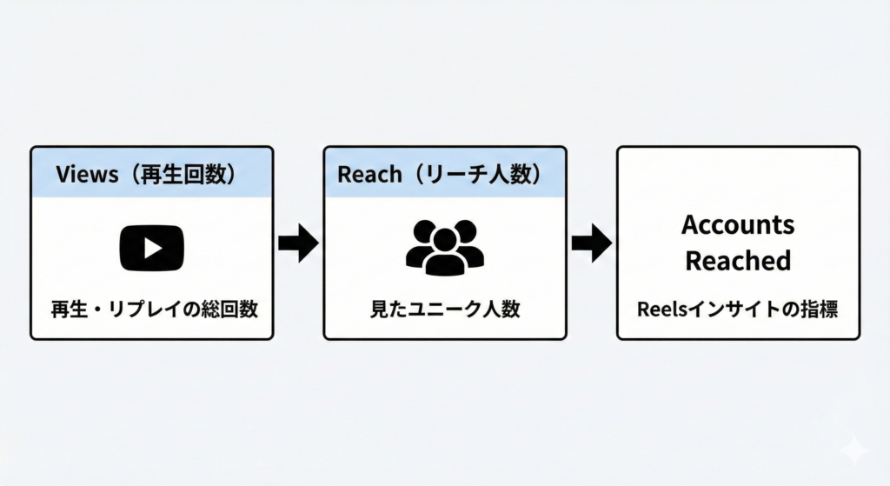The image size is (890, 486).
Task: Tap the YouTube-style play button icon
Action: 151,247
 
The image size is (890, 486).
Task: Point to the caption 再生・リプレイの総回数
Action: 151,309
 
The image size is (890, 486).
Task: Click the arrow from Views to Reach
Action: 298,244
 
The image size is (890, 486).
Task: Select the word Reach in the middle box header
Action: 369,174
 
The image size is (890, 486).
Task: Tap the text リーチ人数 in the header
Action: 478,174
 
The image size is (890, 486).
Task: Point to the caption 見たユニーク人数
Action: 444,309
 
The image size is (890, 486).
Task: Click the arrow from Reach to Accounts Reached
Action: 591,244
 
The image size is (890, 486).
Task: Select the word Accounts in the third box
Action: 738,224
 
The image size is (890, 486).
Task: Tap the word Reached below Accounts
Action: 738,260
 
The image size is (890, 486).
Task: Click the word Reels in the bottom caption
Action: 662,309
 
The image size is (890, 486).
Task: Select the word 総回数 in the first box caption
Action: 229,309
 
